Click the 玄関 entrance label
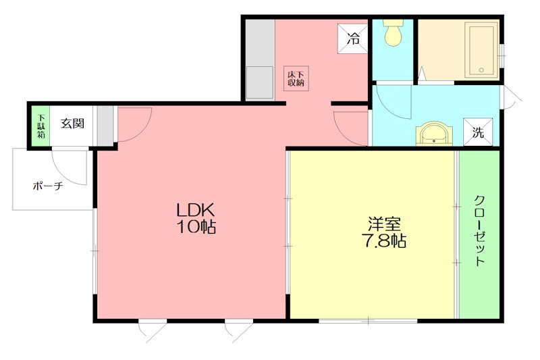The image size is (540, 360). point(72,124)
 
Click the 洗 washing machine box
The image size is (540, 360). point(477,132)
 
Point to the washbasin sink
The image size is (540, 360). point(433,133)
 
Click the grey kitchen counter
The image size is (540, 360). point(259,61)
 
